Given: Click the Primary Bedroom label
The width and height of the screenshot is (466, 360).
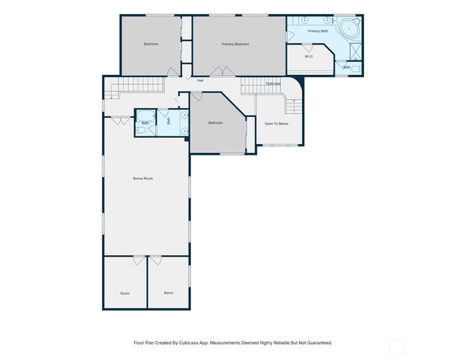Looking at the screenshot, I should pyautogui.click(x=235, y=44).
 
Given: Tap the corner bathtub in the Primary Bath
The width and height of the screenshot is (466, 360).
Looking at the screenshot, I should pyautogui.click(x=349, y=31).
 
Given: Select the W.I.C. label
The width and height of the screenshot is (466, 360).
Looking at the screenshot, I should pyautogui.click(x=308, y=56).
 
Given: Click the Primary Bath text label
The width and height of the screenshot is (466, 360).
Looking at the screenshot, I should pyautogui.click(x=318, y=31).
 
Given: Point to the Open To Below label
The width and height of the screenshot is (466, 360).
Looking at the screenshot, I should pyautogui.click(x=276, y=123).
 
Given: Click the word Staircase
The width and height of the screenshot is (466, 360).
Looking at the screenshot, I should pyautogui.click(x=272, y=83).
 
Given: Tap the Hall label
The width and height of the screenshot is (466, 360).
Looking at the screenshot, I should pyautogui.click(x=200, y=80).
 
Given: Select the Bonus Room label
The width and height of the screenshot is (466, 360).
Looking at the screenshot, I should pyautogui.click(x=142, y=178).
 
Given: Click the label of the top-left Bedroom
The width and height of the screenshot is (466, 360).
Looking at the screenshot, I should pyautogui.click(x=151, y=44).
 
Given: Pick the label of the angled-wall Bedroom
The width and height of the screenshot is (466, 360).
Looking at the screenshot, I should pyautogui.click(x=216, y=122).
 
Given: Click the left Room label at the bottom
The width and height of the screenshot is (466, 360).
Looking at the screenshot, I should pyautogui.click(x=124, y=292).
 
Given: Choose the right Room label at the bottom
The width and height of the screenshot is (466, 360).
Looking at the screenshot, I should pyautogui.click(x=169, y=292).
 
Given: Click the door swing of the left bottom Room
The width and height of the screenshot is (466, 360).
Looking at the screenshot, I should pyautogui.click(x=139, y=260).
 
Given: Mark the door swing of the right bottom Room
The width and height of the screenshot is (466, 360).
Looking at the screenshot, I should pyautogui.click(x=155, y=260).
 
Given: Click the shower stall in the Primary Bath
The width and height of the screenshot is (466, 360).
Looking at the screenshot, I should pyautogui.click(x=355, y=50).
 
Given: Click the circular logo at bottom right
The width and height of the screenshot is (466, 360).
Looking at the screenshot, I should pyautogui.click(x=396, y=347).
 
